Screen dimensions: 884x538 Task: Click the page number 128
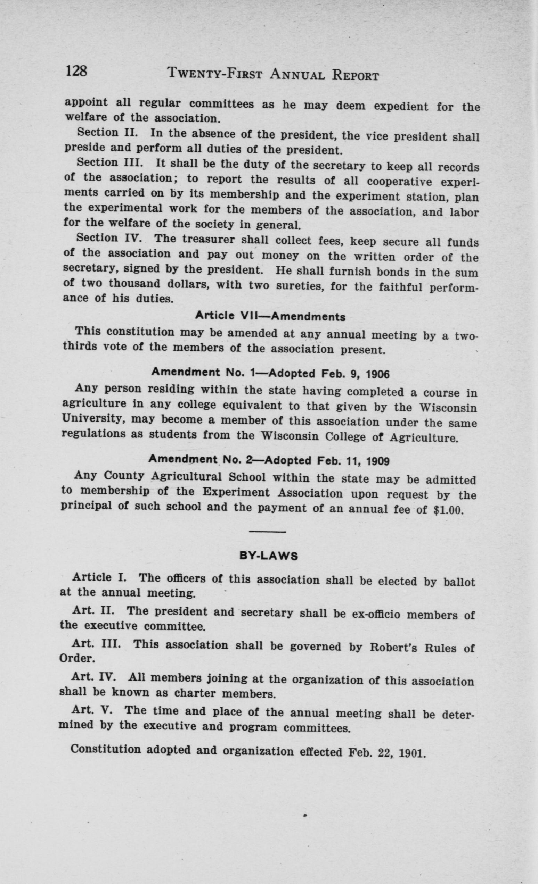(76, 71)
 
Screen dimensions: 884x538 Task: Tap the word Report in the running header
(355, 75)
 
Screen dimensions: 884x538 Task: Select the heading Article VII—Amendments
(270, 316)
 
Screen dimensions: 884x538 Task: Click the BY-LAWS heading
(269, 556)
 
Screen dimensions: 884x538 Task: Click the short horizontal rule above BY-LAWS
(267, 532)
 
